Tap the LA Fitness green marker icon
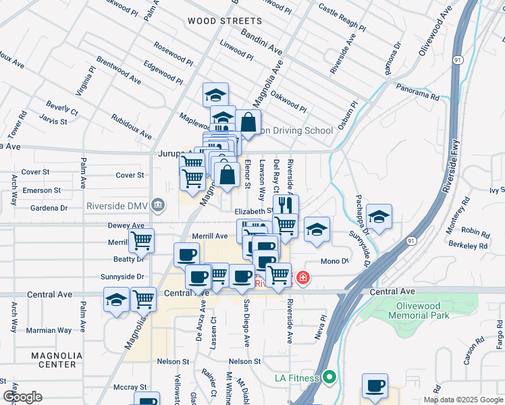click(x=329, y=377)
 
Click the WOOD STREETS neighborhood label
click(x=215, y=21)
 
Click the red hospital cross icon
click(x=303, y=277)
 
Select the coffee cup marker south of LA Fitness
click(x=375, y=386)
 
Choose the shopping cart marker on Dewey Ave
click(x=142, y=240)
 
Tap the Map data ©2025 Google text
click(x=462, y=400)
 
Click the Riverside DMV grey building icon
click(x=158, y=204)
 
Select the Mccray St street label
click(x=130, y=387)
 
